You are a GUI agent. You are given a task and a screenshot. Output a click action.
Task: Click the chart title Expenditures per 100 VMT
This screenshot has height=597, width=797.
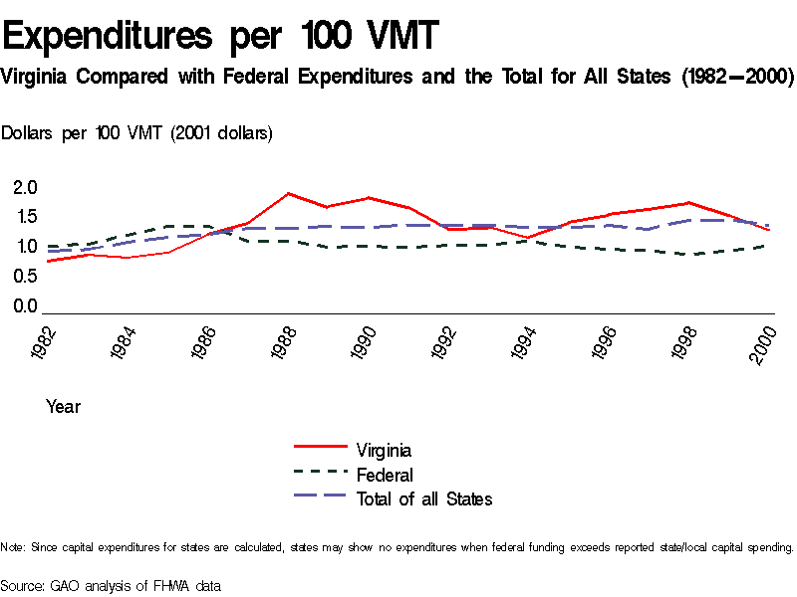220,36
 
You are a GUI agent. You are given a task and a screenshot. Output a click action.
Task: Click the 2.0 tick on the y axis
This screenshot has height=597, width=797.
25,187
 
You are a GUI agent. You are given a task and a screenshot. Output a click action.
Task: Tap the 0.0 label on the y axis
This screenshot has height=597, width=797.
25,306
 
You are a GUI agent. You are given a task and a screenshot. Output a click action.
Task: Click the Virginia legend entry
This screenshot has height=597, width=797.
384,450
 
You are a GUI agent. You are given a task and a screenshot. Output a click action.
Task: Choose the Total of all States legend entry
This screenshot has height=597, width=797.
423,499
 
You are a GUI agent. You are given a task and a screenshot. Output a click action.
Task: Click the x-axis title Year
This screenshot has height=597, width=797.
63,407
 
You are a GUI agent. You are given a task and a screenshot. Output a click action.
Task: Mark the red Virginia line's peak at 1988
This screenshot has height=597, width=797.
288,193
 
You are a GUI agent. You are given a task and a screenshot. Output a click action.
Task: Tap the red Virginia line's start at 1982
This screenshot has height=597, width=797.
48,262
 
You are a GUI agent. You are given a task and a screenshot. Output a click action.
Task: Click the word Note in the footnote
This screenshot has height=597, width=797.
12,547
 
